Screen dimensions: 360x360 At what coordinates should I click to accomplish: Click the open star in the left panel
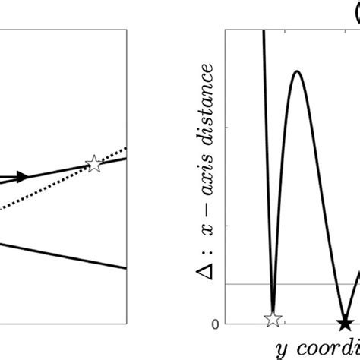93,163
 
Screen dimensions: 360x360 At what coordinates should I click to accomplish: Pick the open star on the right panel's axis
273,320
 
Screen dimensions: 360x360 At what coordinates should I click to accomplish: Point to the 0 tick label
215,324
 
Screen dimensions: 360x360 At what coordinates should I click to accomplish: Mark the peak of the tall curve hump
298,71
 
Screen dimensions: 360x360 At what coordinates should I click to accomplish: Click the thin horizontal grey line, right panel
319,284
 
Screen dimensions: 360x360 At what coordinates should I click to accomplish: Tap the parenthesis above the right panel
355,11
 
